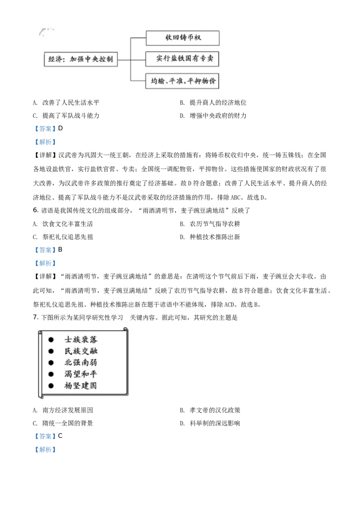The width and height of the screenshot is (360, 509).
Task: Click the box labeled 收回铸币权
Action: pos(183,38)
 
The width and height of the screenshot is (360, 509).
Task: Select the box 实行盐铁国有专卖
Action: pos(183,59)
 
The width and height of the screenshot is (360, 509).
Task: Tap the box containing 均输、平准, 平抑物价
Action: pos(183,81)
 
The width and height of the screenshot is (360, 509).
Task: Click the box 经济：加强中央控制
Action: pos(81,59)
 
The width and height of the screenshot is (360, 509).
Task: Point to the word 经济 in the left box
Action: pos(54,59)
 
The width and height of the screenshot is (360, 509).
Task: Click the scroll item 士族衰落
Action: pos(81,339)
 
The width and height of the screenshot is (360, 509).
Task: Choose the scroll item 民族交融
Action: pos(81,351)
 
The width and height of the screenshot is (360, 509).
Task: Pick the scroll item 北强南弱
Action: pos(81,362)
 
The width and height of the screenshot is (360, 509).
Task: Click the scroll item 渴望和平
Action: pos(81,374)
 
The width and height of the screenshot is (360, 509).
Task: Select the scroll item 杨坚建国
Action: pos(81,385)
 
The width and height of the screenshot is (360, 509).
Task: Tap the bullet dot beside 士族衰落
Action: pos(51,339)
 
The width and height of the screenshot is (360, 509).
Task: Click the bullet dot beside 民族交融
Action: pos(51,351)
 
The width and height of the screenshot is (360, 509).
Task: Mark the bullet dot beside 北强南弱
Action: pos(51,362)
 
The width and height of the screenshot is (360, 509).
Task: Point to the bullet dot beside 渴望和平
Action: pos(51,374)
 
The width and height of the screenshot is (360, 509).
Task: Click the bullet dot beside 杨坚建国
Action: pos(51,385)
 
